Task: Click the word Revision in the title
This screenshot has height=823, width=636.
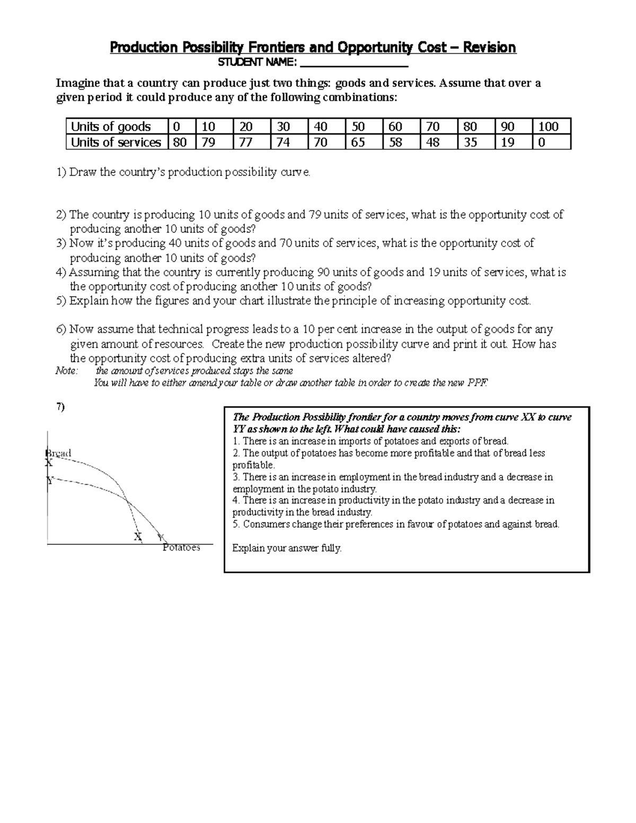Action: [x=489, y=48]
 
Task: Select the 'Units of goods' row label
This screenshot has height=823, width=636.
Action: [x=111, y=127]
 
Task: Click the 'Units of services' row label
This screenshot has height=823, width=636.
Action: [x=116, y=143]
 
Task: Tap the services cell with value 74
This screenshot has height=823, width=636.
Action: [x=284, y=143]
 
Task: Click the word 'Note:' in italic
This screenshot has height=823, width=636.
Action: [x=67, y=371]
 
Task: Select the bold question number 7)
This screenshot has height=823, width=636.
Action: [x=60, y=406]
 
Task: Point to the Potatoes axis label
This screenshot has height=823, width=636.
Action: [x=182, y=547]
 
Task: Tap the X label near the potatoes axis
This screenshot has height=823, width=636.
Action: [x=138, y=536]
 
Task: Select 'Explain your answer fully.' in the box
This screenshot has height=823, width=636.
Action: [x=287, y=548]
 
